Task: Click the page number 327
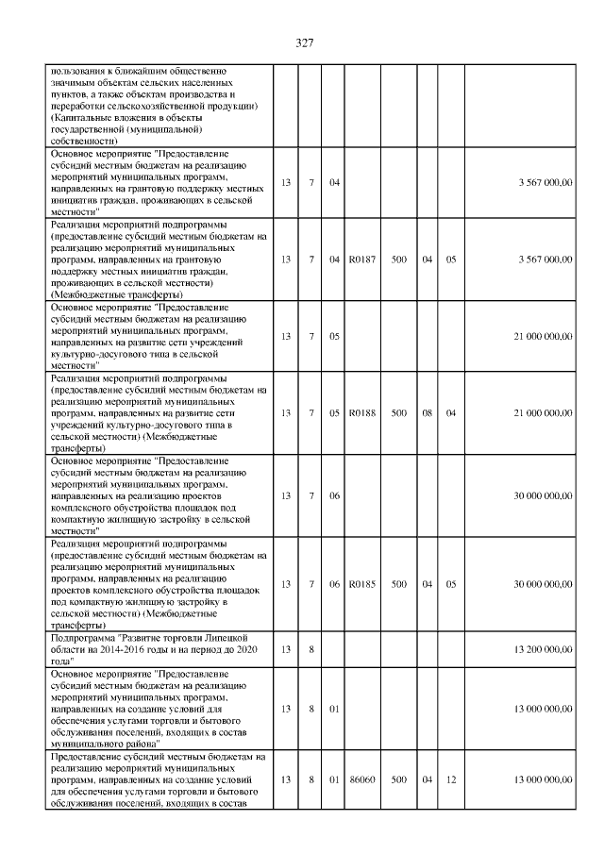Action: (x=303, y=42)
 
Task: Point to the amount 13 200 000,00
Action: (x=543, y=649)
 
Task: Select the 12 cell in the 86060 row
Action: (x=451, y=779)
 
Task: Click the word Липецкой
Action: (x=228, y=639)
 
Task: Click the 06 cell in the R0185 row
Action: (x=334, y=584)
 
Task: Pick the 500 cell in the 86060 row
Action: (x=399, y=779)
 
